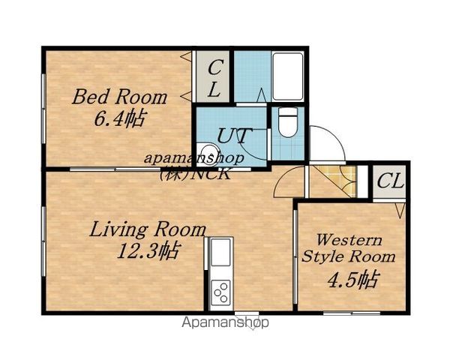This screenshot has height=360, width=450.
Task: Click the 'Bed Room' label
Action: pyautogui.click(x=119, y=97)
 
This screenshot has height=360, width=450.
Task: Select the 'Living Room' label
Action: pyautogui.click(x=148, y=229)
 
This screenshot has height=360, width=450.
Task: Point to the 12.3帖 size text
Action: pyautogui.click(x=149, y=250)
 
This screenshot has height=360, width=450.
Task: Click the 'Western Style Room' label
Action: pyautogui.click(x=349, y=248)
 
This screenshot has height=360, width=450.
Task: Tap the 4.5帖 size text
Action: pyautogui.click(x=354, y=279)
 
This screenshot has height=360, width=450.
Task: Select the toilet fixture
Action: pyautogui.click(x=288, y=123)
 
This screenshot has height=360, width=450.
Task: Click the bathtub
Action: pyautogui.click(x=287, y=76)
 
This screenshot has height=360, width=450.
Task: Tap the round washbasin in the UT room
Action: pyautogui.click(x=208, y=151)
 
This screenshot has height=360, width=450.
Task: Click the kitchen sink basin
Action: pyautogui.click(x=220, y=252)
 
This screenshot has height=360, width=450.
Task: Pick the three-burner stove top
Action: pyautogui.click(x=220, y=292)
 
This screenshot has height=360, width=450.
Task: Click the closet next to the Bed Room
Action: pyautogui.click(x=213, y=76)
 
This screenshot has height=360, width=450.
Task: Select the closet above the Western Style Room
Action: pyautogui.click(x=389, y=181)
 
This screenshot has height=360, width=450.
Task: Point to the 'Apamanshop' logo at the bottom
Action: pyautogui.click(x=225, y=322)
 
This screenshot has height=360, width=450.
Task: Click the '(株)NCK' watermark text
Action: pyautogui.click(x=196, y=173)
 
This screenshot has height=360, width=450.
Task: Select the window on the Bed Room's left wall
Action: pyautogui.click(x=43, y=109)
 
